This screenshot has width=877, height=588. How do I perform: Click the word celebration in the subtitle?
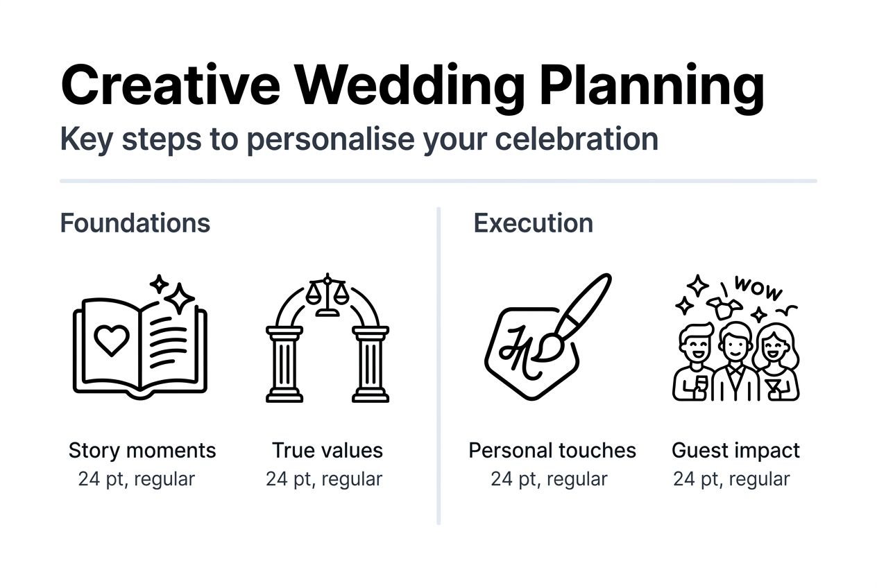(577, 139)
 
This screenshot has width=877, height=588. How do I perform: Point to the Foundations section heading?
(135, 223)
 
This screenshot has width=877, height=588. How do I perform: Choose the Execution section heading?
(534, 223)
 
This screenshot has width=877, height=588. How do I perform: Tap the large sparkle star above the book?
(180, 298)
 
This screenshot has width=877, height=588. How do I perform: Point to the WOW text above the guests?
(758, 288)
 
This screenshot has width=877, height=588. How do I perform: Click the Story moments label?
(142, 451)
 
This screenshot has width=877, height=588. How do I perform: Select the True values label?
(327, 451)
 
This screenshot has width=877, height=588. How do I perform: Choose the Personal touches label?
(552, 451)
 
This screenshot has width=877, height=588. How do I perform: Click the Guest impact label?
(735, 451)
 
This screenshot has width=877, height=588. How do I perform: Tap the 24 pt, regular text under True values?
(324, 479)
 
